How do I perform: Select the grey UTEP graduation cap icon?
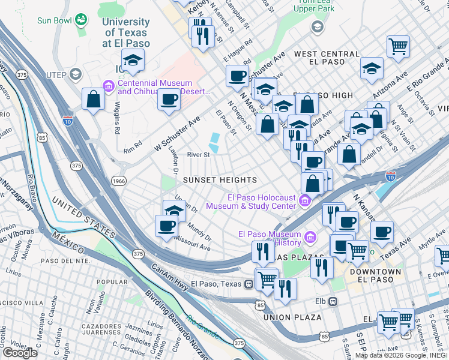pyautogui.click(x=76, y=74)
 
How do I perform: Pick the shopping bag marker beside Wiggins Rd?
pyautogui.click(x=94, y=100)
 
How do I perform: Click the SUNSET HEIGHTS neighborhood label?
pyautogui.click(x=220, y=180)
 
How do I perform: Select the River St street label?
pyautogui.click(x=198, y=154)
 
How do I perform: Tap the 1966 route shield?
pyautogui.click(x=118, y=180)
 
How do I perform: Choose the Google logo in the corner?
pyautogui.click(x=20, y=353)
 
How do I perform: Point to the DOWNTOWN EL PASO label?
pyautogui.click(x=376, y=276)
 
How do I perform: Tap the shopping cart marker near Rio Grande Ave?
pyautogui.click(x=398, y=46)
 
